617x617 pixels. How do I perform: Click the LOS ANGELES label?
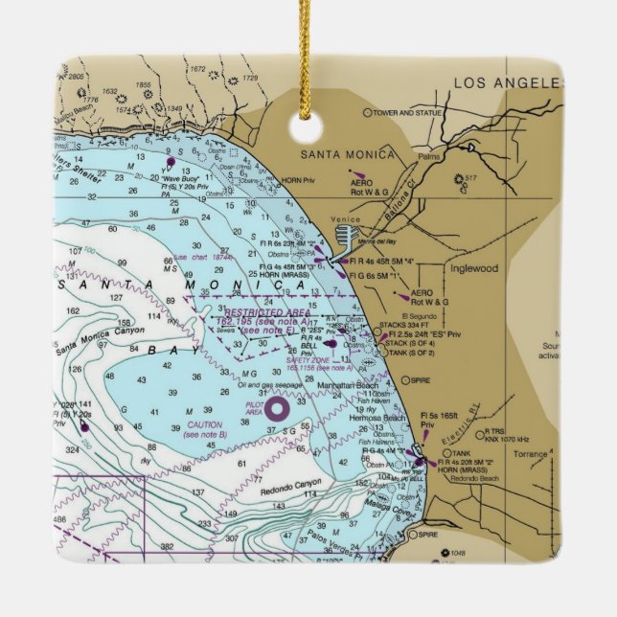(507, 82)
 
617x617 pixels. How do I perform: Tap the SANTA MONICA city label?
(348, 154)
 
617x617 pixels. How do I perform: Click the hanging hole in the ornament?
(308, 128)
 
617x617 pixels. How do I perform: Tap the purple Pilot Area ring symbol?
(277, 409)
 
